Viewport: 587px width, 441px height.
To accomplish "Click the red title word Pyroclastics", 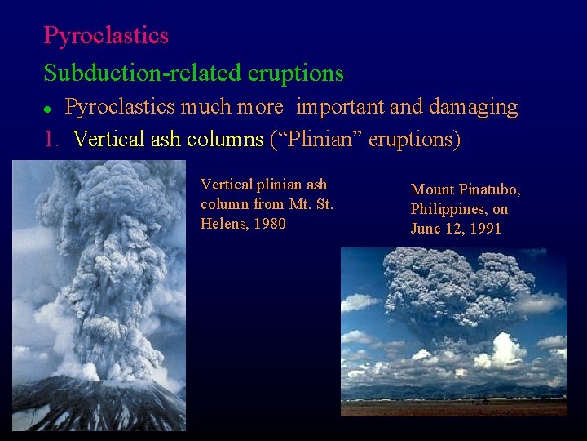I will (106, 36).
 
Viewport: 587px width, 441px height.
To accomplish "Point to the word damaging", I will (473, 107).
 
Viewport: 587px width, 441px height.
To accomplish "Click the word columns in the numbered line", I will (226, 140).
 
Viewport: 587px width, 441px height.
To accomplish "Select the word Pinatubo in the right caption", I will (489, 189).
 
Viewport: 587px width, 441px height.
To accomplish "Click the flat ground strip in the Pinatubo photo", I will (453, 408).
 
